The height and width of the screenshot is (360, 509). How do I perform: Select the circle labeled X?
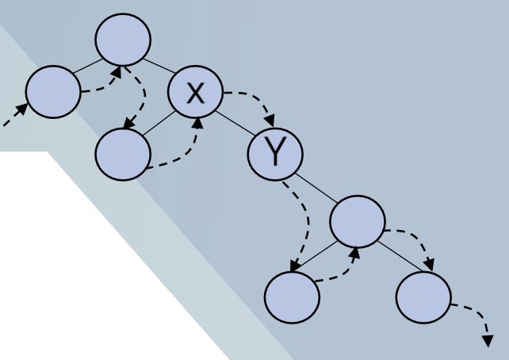tap(196, 92)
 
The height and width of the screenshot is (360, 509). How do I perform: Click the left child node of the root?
tap(53, 92)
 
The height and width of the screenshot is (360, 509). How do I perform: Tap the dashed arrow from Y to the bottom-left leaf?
tap(302, 226)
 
